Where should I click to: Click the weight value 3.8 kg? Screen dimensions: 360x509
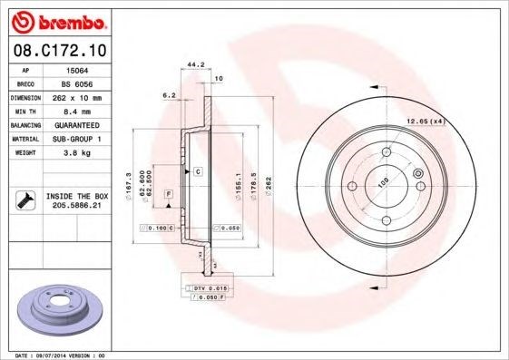pos(78,153)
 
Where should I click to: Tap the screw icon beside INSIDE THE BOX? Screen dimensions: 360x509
pos(23,200)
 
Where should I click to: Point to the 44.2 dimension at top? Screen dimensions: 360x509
pos(192,64)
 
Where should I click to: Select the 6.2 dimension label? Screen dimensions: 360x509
pos(169,94)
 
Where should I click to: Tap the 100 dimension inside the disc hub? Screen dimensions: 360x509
pos(384,181)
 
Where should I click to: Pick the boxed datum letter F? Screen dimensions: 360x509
pos(168,194)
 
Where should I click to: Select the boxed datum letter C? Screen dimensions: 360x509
pos(197,171)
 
